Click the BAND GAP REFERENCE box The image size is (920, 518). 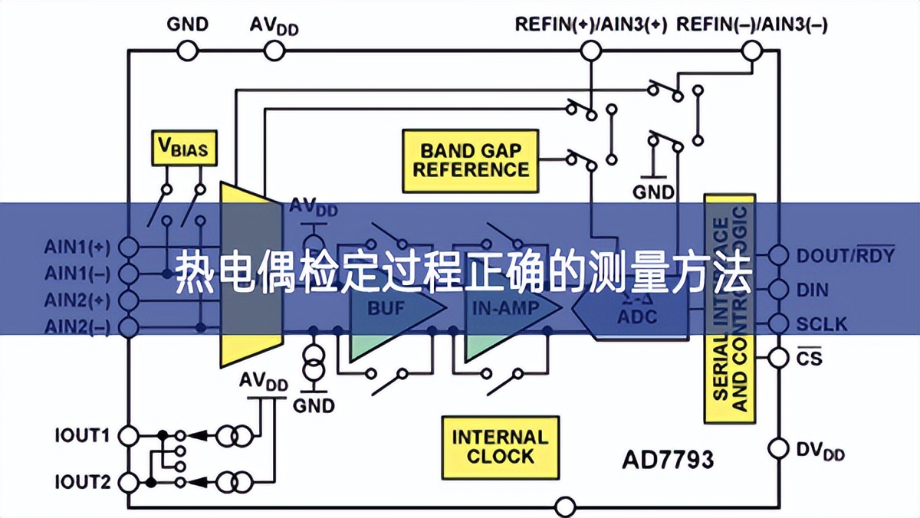[470, 160]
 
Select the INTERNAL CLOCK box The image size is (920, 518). [499, 447]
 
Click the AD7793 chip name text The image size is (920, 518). [666, 460]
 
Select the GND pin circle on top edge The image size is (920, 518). [187, 51]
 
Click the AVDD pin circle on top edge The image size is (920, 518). [274, 51]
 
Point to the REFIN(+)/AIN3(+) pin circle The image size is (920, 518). [590, 51]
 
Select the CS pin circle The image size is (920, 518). [778, 356]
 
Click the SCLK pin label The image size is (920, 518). [822, 324]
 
